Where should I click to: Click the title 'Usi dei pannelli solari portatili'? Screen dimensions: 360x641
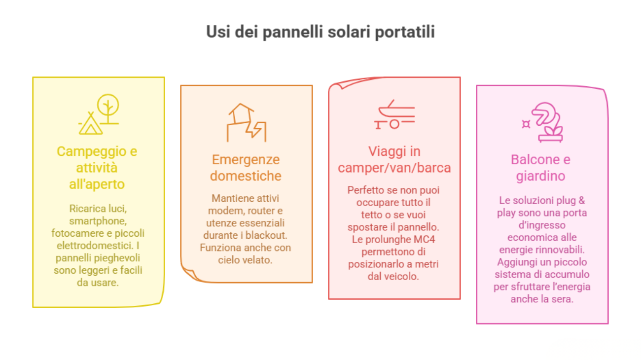(320, 32)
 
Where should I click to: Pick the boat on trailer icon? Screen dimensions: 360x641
(394, 115)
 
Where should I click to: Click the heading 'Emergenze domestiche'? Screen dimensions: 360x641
(246, 168)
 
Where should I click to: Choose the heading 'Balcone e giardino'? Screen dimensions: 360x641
(540, 168)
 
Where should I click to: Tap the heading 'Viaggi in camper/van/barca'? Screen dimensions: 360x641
(394, 159)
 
